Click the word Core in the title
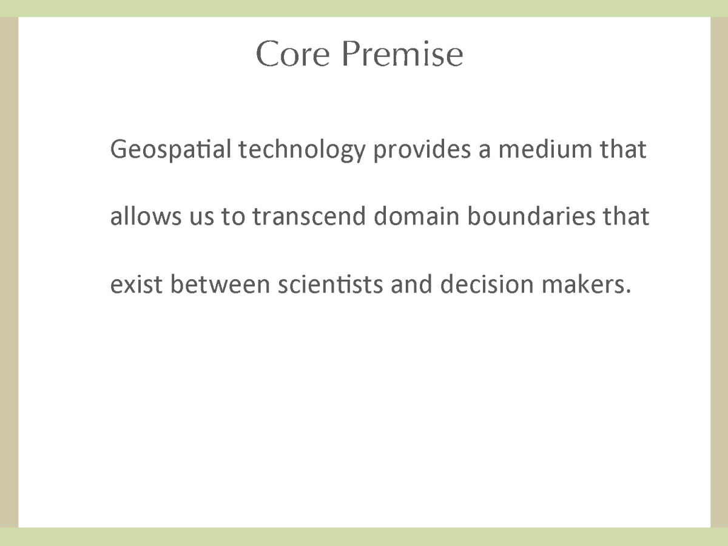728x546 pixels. click(x=293, y=54)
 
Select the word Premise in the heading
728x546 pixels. click(x=402, y=54)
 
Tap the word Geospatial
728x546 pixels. click(x=170, y=149)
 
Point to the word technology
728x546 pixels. click(x=302, y=149)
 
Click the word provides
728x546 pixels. click(x=422, y=149)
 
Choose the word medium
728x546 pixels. click(x=545, y=149)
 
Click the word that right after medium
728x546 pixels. click(x=623, y=149)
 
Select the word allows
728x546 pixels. click(x=146, y=216)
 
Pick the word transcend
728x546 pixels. click(x=309, y=216)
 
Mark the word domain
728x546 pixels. click(x=417, y=216)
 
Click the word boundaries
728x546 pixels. click(x=531, y=216)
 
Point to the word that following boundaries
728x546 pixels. click(x=626, y=216)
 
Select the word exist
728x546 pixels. click(x=136, y=284)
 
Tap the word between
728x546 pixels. click(x=220, y=284)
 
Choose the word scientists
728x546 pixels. click(x=331, y=284)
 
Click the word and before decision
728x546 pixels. click(x=411, y=284)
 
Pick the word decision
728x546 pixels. click(x=487, y=284)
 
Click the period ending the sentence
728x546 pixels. click(x=627, y=292)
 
